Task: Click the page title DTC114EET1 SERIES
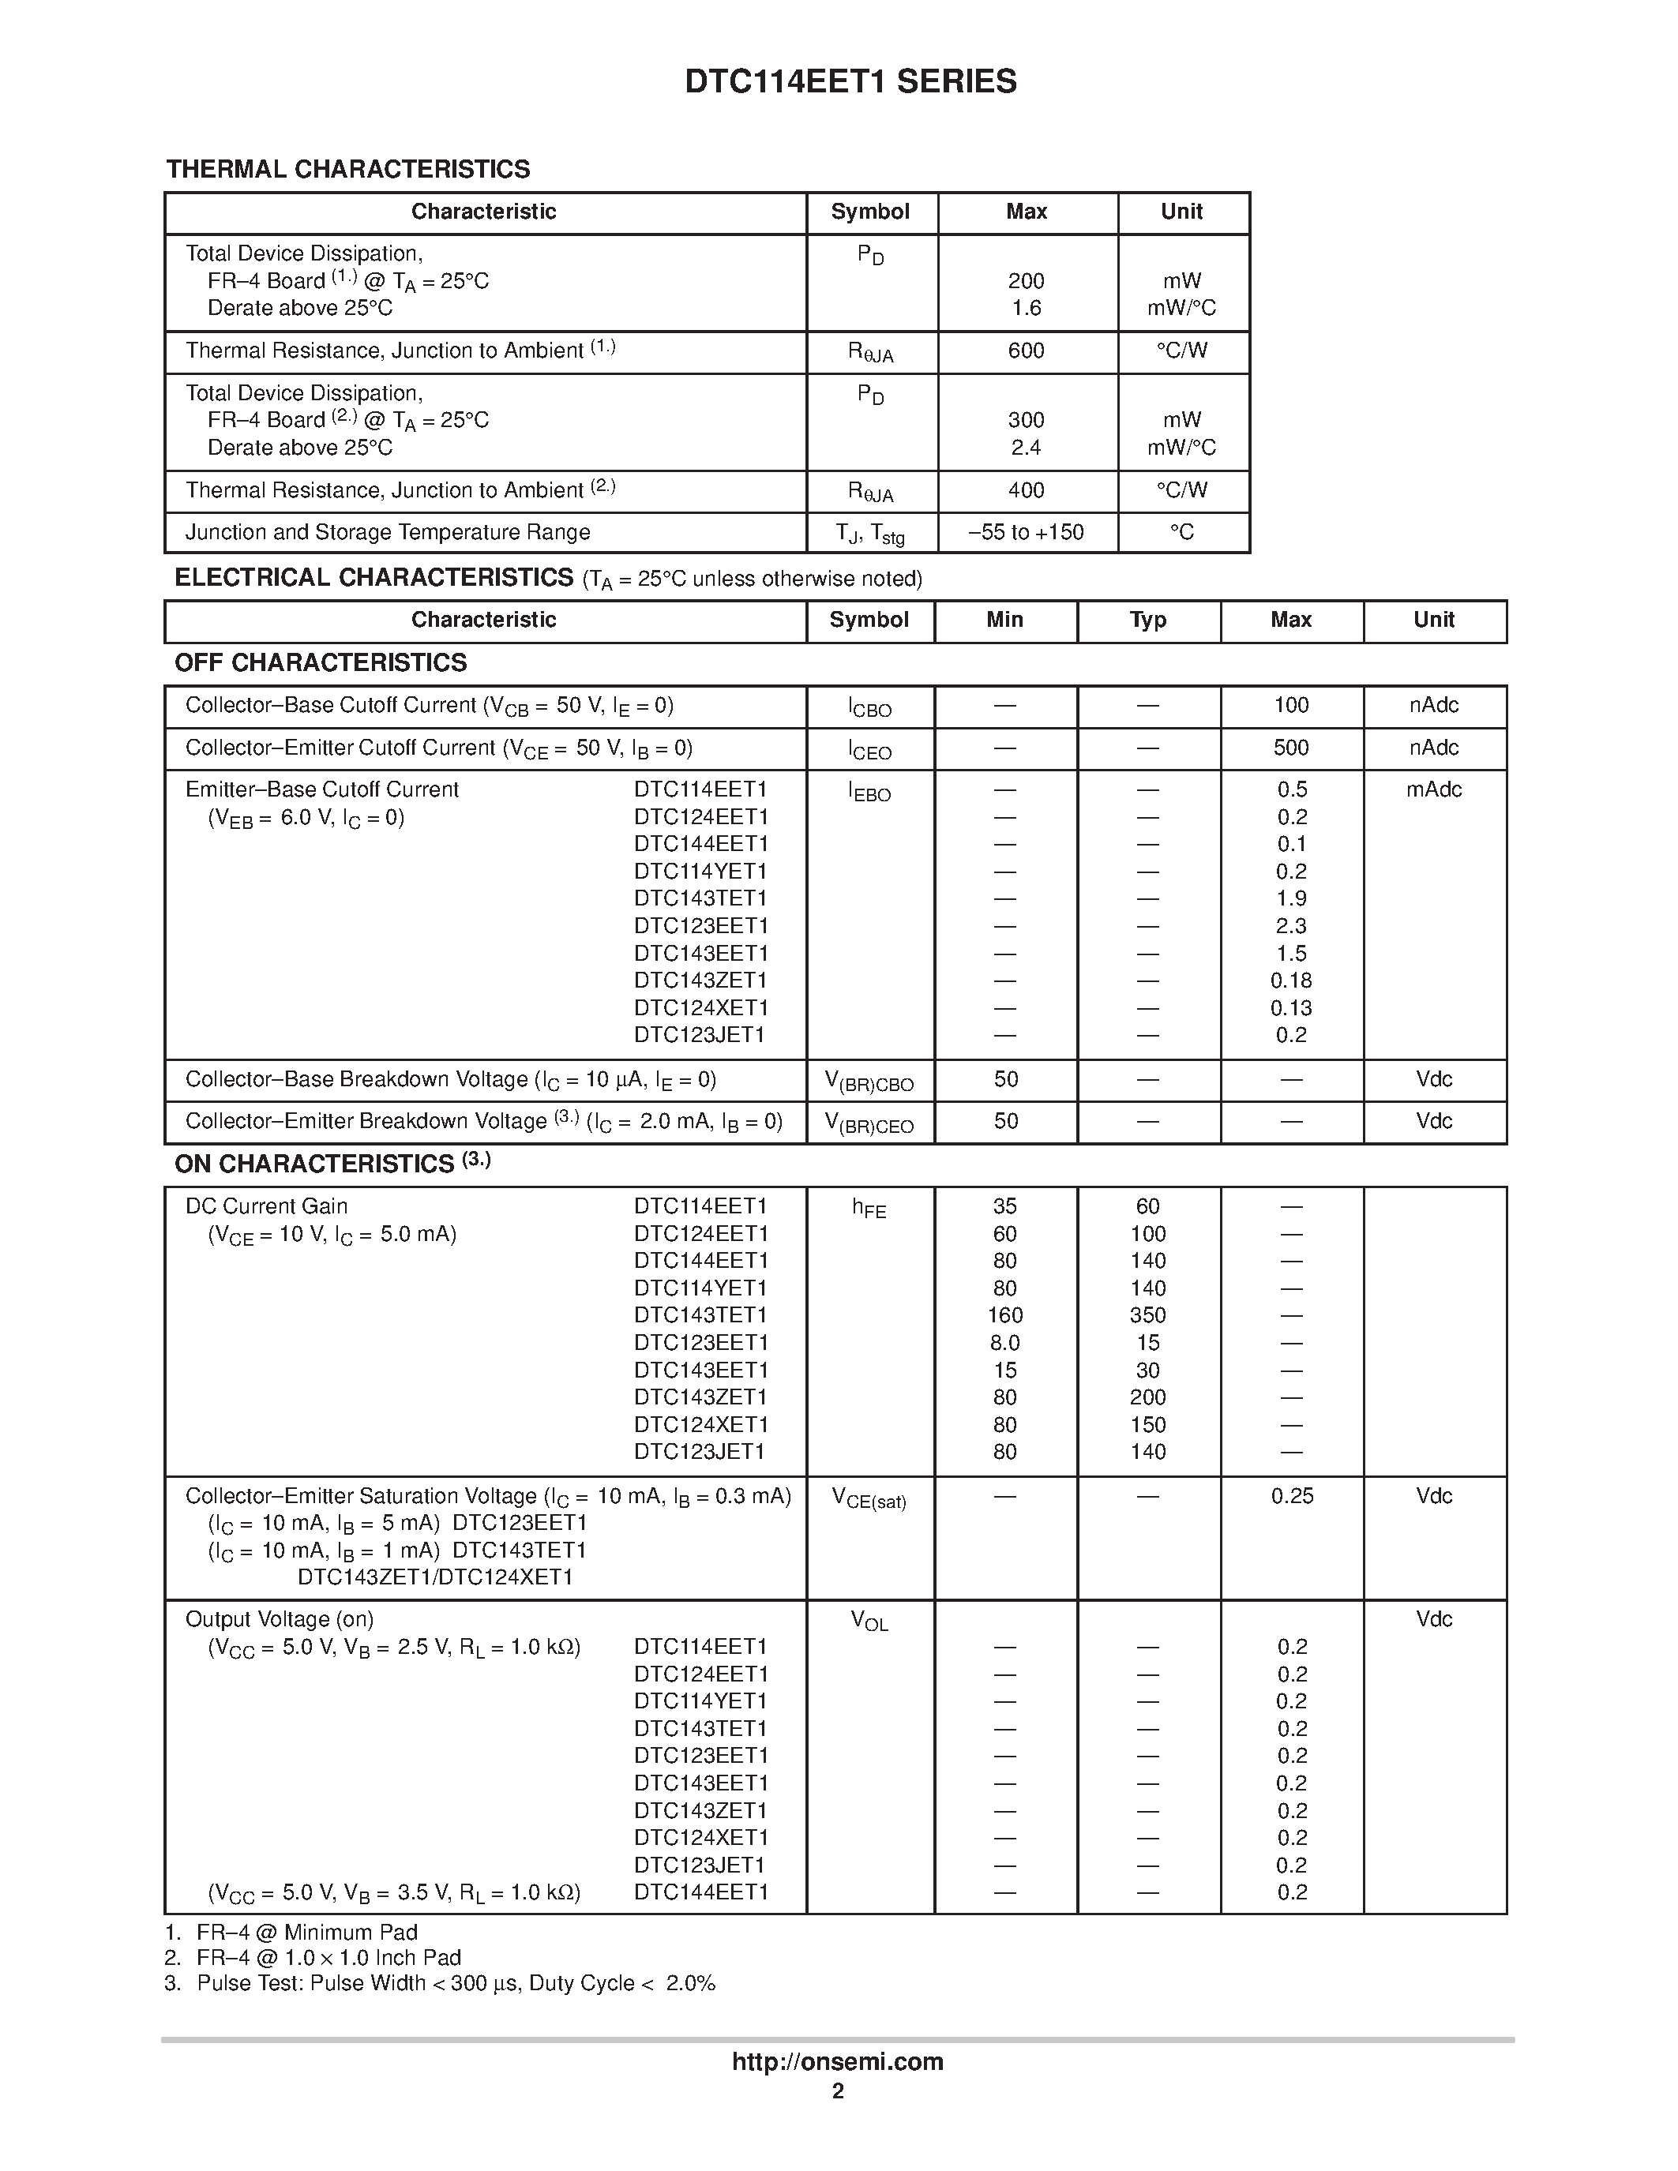click(x=850, y=81)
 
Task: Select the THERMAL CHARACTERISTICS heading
click(x=348, y=169)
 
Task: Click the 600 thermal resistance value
click(x=1026, y=351)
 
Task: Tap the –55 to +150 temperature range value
click(x=1026, y=533)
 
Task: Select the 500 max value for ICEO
click(x=1290, y=748)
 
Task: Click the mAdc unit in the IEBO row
click(x=1433, y=789)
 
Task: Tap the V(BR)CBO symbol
click(x=869, y=1082)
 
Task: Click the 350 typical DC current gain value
click(x=1147, y=1315)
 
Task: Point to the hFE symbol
click(x=869, y=1209)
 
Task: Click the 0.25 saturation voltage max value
click(x=1291, y=1496)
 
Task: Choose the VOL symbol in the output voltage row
click(x=869, y=1622)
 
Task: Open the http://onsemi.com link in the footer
click(x=837, y=2061)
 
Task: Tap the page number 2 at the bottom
click(x=837, y=2091)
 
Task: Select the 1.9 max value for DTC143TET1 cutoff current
click(x=1290, y=898)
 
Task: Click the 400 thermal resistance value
click(x=1026, y=490)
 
